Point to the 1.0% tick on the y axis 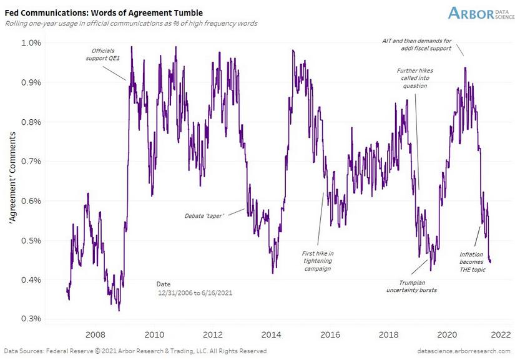(32, 42)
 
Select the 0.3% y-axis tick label (32, 319)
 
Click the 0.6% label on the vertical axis (32, 201)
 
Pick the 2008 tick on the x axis (95, 334)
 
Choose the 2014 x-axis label (271, 334)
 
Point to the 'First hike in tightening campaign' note (318, 260)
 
